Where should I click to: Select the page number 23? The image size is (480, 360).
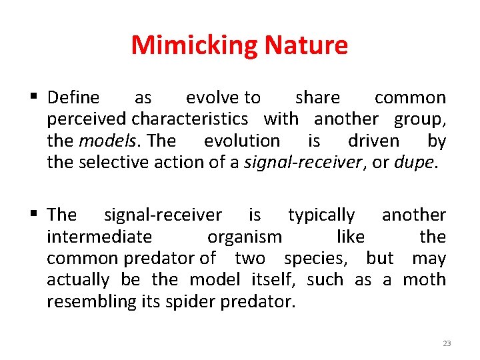pyautogui.click(x=447, y=343)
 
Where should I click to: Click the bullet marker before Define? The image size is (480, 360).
pyautogui.click(x=35, y=98)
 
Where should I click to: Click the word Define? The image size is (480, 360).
pyautogui.click(x=73, y=98)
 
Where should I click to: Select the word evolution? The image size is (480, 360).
pyautogui.click(x=242, y=141)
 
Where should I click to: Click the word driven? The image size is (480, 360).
pyautogui.click(x=373, y=141)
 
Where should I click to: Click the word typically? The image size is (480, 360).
pyautogui.click(x=321, y=215)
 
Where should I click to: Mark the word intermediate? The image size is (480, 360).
pyautogui.click(x=99, y=237)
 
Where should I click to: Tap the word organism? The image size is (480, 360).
pyautogui.click(x=245, y=237)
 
